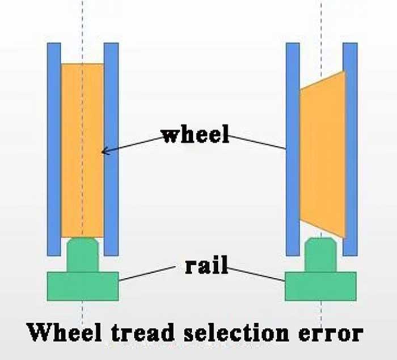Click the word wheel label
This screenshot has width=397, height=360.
[x=196, y=135]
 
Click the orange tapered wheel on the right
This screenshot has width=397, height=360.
[x=322, y=153]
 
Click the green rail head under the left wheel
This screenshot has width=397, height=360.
[x=83, y=255]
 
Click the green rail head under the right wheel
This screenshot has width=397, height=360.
[x=321, y=255]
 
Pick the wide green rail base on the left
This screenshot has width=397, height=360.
[x=83, y=286]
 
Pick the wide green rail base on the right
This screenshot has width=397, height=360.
[x=320, y=286]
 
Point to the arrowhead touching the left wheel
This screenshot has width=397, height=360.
[x=104, y=151]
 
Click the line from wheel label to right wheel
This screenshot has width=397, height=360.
[x=258, y=142]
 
